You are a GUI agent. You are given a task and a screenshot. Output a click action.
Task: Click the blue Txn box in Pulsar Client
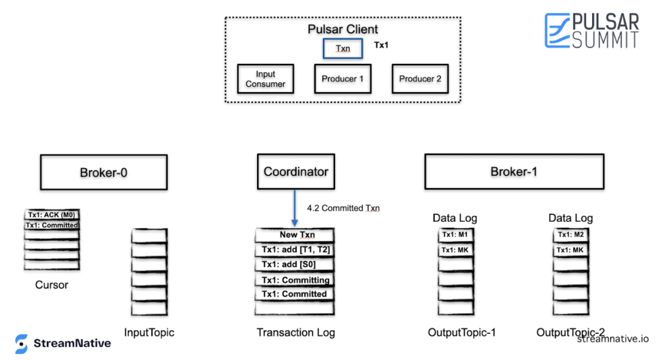point(343,48)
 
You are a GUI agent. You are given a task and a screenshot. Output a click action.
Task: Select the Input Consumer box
point(265,79)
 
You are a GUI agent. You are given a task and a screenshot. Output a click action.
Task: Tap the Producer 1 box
point(342,79)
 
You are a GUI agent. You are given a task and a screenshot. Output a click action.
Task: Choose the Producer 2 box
point(420,79)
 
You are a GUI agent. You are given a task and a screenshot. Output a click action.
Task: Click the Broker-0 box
point(104,172)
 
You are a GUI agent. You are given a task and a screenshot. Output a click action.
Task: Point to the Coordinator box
point(296,172)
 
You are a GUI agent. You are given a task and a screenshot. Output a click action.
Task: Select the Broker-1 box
point(514,172)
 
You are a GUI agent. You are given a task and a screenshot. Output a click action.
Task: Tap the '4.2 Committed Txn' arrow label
point(343,208)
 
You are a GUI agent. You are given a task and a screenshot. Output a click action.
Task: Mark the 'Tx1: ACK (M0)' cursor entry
point(52,215)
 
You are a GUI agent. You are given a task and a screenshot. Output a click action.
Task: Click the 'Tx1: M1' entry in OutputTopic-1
point(455,235)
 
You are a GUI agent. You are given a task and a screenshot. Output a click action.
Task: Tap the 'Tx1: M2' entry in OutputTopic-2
point(571,235)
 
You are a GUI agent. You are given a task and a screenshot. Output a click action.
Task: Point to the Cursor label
point(52,285)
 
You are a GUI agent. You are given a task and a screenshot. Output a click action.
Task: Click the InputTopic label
point(149,333)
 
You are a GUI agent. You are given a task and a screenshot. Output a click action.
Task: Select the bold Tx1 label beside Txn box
point(381,45)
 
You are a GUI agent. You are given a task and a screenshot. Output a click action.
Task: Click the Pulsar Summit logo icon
point(557,30)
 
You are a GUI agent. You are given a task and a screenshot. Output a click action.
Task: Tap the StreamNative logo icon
point(21,344)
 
